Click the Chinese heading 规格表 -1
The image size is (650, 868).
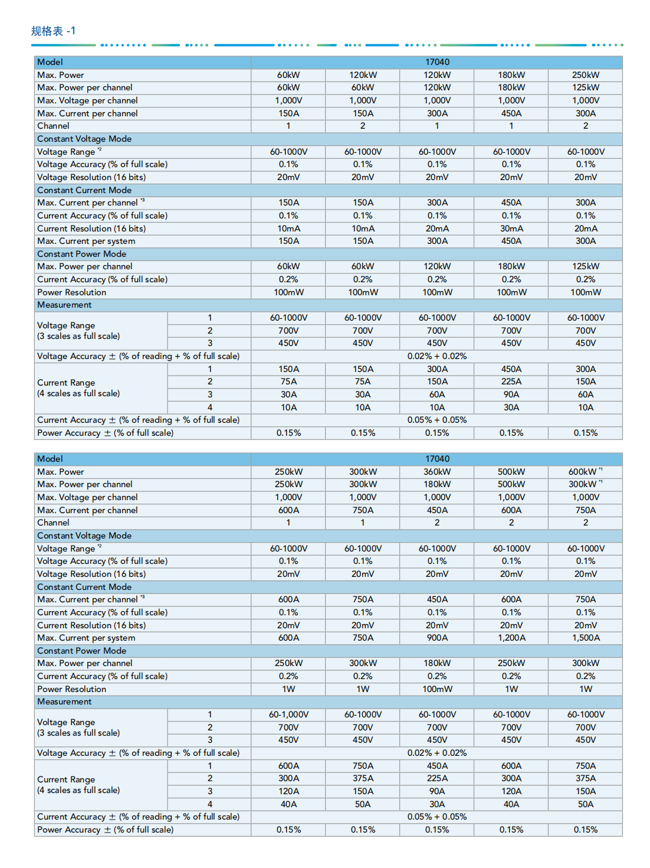[53, 31]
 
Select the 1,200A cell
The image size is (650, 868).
[511, 638]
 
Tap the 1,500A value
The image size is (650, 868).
[586, 638]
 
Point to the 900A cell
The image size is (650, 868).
[437, 638]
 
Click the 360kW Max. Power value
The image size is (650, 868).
[437, 472]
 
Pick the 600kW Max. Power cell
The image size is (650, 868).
[583, 472]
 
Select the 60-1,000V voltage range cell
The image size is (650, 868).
[288, 714]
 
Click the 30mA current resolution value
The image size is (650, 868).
[511, 229]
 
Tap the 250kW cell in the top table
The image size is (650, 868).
[586, 75]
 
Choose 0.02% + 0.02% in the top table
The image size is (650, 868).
[437, 356]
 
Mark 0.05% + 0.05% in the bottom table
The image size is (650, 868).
[437, 817]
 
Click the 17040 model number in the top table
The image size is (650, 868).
[437, 62]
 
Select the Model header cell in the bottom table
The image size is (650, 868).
[50, 459]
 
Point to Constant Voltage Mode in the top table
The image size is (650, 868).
[84, 139]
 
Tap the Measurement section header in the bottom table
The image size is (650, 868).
[64, 701]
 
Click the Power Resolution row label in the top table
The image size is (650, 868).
[72, 292]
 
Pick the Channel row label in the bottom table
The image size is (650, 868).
[53, 523]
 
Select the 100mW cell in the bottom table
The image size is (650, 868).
[437, 689]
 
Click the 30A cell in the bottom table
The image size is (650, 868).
[437, 804]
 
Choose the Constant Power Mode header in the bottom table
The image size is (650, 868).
[81, 651]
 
